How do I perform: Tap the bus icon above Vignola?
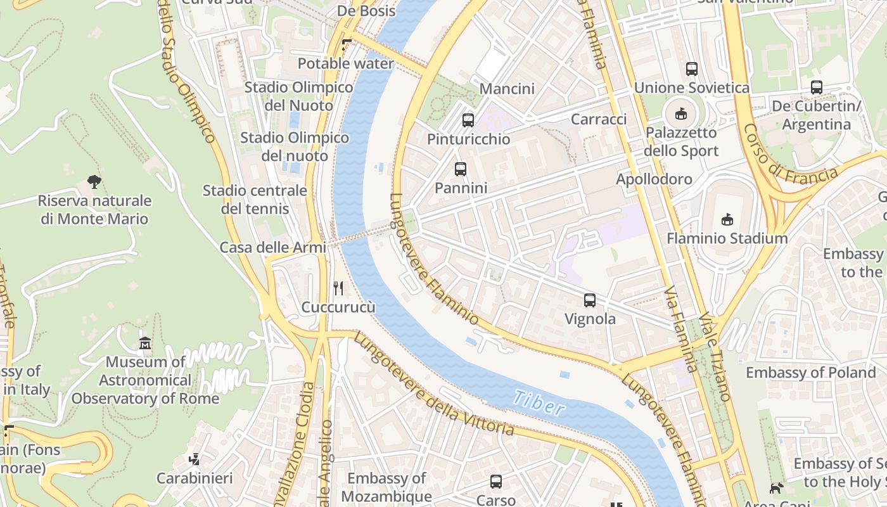coord(590,300)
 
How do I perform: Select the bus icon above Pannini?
coord(461,169)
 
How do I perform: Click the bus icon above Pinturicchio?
coord(468,120)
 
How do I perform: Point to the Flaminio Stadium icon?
coord(727,220)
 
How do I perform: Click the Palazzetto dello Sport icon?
coord(681,114)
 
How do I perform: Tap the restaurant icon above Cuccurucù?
coord(338,289)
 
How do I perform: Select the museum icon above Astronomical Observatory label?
coord(145,343)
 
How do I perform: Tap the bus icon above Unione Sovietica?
coord(692,69)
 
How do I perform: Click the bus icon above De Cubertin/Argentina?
coord(817,87)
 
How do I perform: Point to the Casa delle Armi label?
coord(272,247)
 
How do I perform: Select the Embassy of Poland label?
coord(810,373)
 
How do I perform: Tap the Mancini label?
coord(507,89)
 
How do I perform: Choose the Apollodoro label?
coord(654,179)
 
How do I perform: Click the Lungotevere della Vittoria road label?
coord(433,385)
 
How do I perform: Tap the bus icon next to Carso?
coord(496,482)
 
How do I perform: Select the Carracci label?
coord(599,119)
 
